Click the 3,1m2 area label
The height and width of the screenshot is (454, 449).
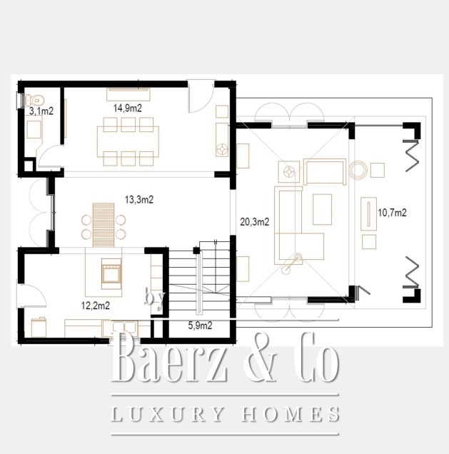(x=41, y=111)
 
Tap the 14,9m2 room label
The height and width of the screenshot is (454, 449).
(x=127, y=109)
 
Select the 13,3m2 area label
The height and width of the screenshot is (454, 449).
(x=139, y=199)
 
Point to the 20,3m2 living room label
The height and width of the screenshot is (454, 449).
(x=255, y=222)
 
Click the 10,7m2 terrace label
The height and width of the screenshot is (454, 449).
(x=393, y=213)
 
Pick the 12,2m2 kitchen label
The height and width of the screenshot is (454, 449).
(x=96, y=306)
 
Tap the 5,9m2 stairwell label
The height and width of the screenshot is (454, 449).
(x=200, y=326)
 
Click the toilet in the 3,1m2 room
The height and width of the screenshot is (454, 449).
(x=35, y=101)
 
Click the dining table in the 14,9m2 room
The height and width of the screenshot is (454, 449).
(x=128, y=141)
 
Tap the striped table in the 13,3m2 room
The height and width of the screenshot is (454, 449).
(x=104, y=225)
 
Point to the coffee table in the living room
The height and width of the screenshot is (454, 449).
(x=322, y=209)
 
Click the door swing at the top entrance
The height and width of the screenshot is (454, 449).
(x=201, y=97)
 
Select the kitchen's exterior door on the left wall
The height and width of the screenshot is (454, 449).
(x=32, y=296)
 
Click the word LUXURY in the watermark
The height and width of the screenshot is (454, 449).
(x=167, y=414)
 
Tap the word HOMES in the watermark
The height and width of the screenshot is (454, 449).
(x=291, y=414)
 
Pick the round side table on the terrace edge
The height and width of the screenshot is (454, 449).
(x=358, y=170)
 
